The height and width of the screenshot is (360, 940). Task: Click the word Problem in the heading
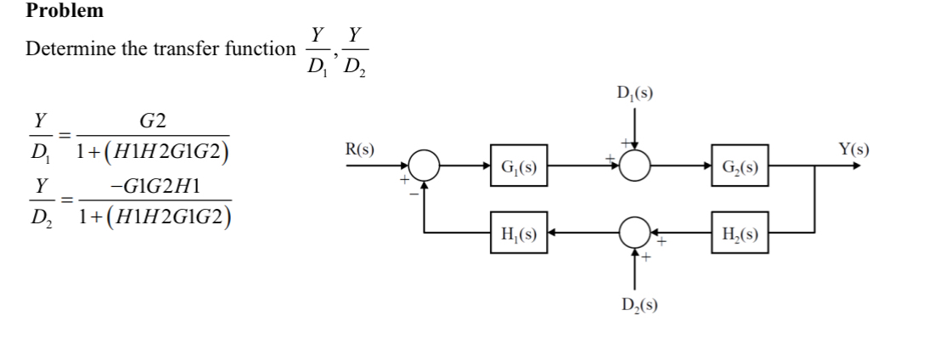point(65,11)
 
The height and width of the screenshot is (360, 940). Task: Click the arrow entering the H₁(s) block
point(552,231)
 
